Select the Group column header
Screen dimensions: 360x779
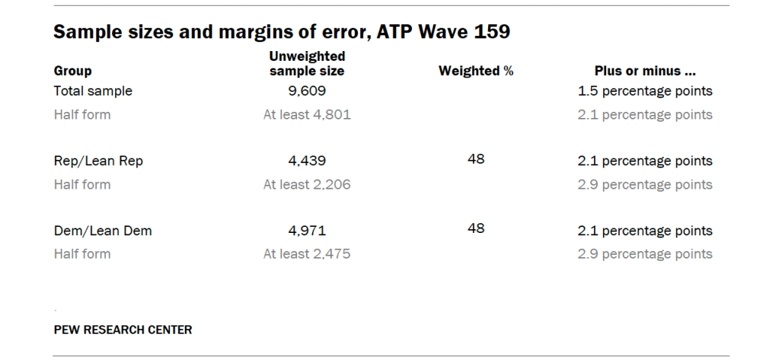click(72, 71)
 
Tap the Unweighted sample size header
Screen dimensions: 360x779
click(307, 63)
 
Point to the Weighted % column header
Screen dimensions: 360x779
click(476, 71)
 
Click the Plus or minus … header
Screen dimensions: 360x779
click(645, 71)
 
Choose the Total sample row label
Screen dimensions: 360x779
click(93, 91)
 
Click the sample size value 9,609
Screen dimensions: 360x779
click(307, 91)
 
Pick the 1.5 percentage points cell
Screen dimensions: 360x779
click(645, 91)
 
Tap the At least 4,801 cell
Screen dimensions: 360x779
click(307, 115)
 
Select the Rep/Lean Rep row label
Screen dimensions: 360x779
click(98, 161)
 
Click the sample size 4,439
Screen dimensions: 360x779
click(307, 161)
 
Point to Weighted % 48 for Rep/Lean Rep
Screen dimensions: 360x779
click(476, 159)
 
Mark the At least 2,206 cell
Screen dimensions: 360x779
click(307, 185)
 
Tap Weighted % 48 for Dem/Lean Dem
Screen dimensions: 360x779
click(476, 228)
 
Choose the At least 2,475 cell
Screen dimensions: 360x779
click(307, 254)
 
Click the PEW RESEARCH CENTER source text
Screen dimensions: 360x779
click(123, 330)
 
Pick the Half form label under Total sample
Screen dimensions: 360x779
click(82, 115)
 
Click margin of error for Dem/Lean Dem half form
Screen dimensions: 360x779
click(645, 254)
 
